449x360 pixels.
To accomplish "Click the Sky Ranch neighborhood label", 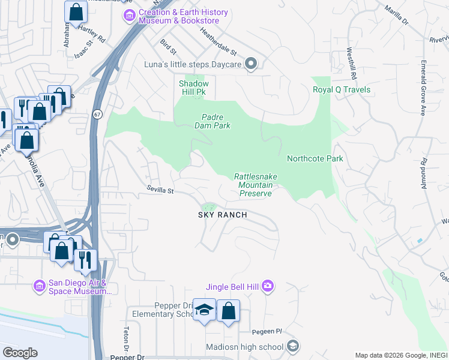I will (223, 215).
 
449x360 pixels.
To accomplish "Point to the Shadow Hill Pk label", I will (194, 88).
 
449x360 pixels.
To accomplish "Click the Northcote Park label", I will (315, 159).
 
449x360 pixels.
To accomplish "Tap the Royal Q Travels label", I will (341, 90).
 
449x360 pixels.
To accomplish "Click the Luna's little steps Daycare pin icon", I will (252, 64).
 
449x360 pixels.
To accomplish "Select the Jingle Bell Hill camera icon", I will (268, 287).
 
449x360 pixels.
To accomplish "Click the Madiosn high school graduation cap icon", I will (292, 346).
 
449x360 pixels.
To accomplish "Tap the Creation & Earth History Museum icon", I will (127, 14).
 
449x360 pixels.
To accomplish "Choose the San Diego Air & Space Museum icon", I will (40, 285).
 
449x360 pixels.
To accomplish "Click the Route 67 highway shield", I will (97, 114).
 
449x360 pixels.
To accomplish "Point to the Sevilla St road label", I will (160, 190).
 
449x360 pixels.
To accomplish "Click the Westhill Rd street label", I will (351, 64).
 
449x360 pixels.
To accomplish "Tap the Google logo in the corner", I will (20, 353).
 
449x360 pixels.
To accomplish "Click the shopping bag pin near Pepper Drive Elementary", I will (228, 311).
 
